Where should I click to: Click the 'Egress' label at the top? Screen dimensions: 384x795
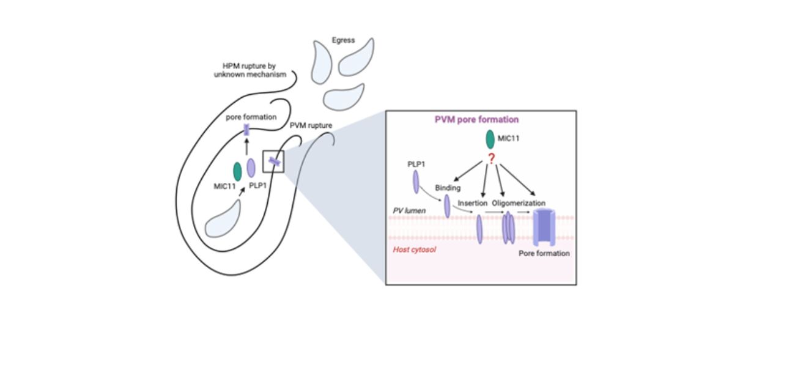pos(343,40)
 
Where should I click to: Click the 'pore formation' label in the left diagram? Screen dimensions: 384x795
pos(251,117)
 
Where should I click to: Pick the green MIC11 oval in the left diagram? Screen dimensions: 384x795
pos(237,171)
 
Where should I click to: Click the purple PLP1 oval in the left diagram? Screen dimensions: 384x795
pos(251,168)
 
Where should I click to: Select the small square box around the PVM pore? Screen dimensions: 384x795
pos(273,162)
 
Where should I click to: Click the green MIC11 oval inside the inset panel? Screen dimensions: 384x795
pos(490,139)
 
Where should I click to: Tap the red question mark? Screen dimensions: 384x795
pos(489,160)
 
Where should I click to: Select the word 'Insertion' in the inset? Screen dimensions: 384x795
pos(472,203)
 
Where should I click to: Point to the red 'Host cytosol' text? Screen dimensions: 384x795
pos(413,249)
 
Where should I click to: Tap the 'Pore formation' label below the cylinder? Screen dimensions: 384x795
pos(544,253)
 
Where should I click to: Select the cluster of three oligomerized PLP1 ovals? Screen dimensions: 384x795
pos(508,227)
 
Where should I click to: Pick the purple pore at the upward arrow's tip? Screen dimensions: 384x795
pos(246,130)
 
